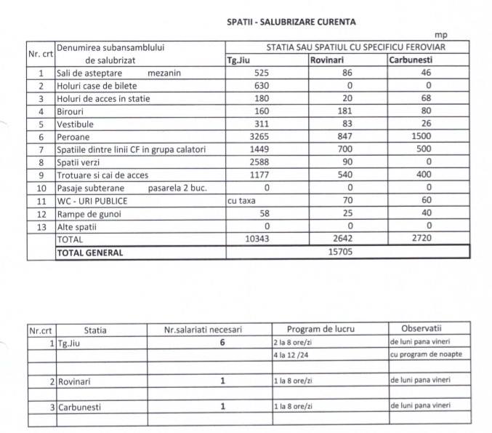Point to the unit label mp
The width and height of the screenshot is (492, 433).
click(440, 35)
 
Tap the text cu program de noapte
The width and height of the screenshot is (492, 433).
click(426, 354)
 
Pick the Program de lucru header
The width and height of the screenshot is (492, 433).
click(321, 330)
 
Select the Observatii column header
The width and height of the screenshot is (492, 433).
click(426, 330)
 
